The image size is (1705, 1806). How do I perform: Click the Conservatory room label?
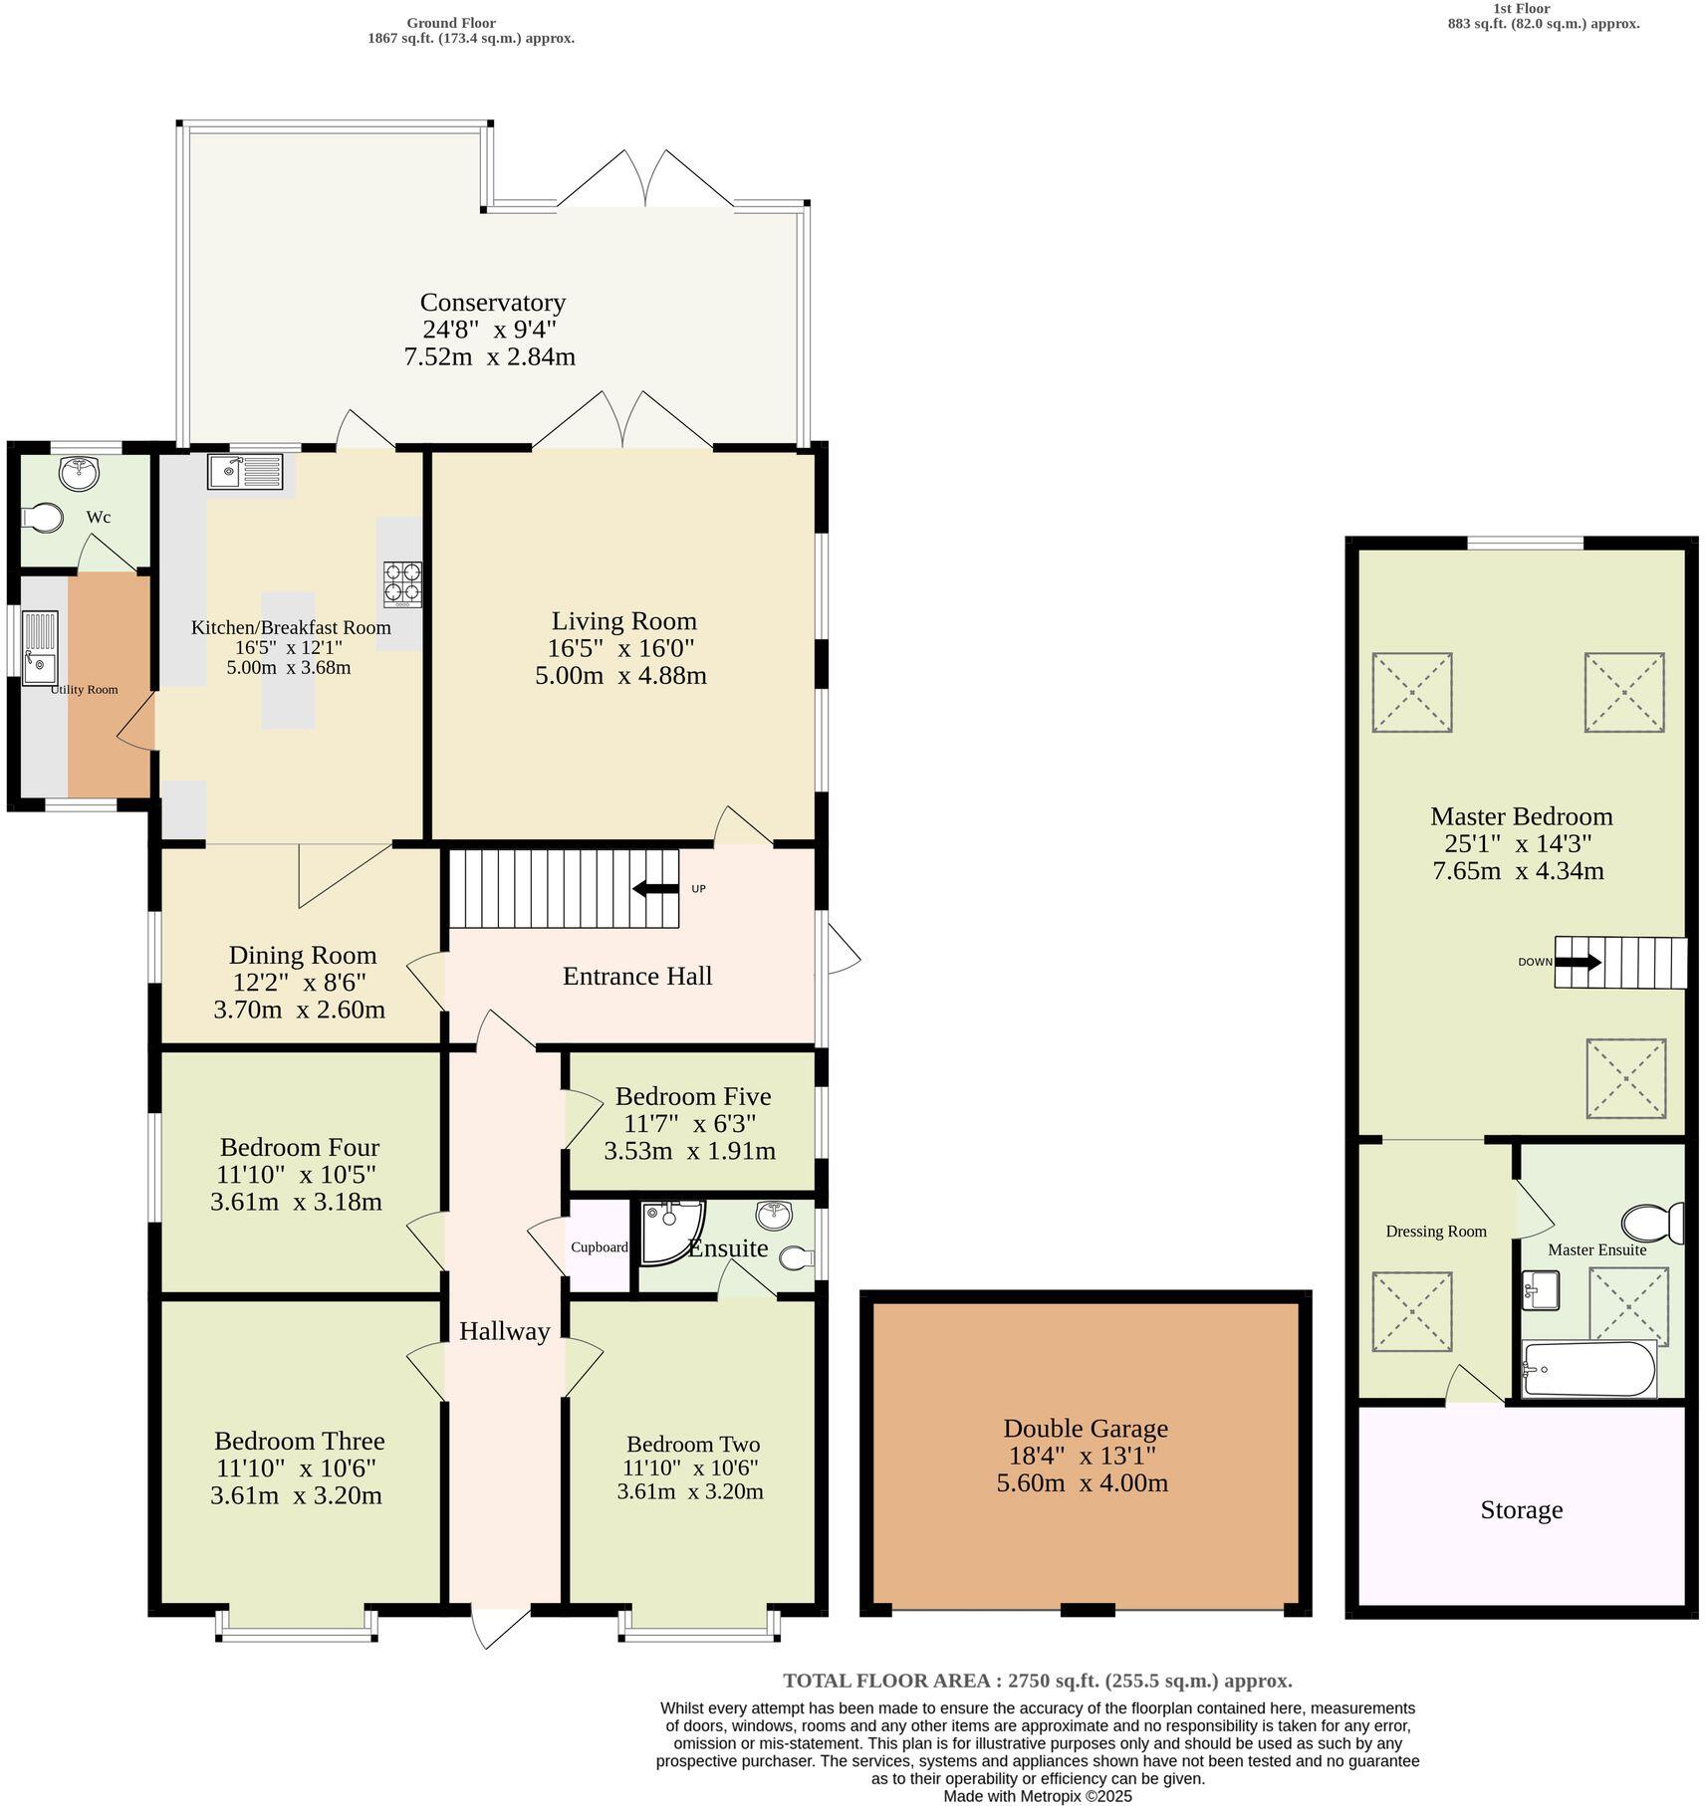click(492, 303)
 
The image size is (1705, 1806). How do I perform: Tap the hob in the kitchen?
click(402, 584)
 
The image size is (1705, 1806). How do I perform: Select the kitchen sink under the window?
click(245, 471)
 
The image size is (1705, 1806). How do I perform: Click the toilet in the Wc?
click(42, 518)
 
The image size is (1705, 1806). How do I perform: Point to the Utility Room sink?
click(40, 648)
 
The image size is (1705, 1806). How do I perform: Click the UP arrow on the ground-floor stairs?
click(655, 888)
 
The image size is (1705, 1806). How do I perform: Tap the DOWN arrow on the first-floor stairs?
click(1578, 962)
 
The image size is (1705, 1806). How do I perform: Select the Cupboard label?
click(599, 1247)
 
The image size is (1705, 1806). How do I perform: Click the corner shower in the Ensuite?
click(670, 1231)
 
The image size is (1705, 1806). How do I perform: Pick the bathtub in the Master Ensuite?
click(1588, 1369)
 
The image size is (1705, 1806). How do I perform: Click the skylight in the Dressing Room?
click(1411, 1311)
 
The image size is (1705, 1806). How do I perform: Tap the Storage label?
click(1521, 1510)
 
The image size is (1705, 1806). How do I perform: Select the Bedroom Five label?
click(692, 1096)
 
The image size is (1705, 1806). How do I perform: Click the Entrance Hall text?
click(637, 976)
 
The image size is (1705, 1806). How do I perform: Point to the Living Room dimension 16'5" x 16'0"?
click(620, 648)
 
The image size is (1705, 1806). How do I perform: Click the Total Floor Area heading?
click(1037, 1681)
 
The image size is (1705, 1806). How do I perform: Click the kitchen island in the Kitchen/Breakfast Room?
click(288, 660)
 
